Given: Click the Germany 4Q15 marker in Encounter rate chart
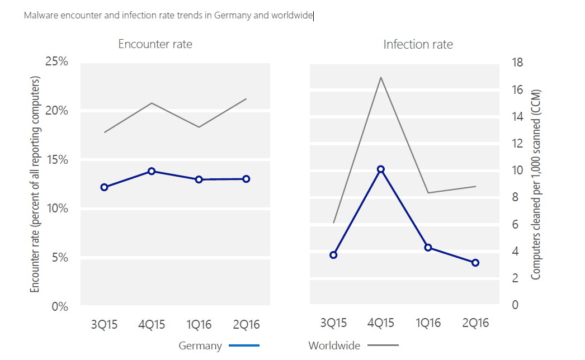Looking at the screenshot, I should pos(152,171).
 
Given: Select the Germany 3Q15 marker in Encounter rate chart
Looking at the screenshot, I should pos(104,187).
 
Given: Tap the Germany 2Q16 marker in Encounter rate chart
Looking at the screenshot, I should pos(246,179).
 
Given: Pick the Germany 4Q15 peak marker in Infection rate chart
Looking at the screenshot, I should pos(381,169).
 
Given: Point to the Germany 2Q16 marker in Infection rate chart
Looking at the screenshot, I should pos(475,263).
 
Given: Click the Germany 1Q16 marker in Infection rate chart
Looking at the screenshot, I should pos(428,247).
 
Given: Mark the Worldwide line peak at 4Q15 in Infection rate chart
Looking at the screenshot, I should pos(381,77).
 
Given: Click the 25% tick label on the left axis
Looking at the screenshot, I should pos(56,61).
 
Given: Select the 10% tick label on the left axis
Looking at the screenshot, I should pos(56,209).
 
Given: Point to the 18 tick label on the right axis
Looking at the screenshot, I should pos(517,63).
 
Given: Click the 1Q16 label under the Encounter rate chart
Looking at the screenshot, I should pos(199,324).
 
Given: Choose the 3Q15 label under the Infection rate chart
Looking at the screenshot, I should pos(333,323).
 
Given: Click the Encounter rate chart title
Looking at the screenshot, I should pos(155,44).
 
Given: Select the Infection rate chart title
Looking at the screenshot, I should pos(418,44).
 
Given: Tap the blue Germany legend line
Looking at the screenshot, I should pos(244,345).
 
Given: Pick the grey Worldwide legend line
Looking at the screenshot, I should pos(383,345).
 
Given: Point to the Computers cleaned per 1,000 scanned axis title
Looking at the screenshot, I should pos(536,184).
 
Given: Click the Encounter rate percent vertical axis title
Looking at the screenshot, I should pos(35,184).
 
